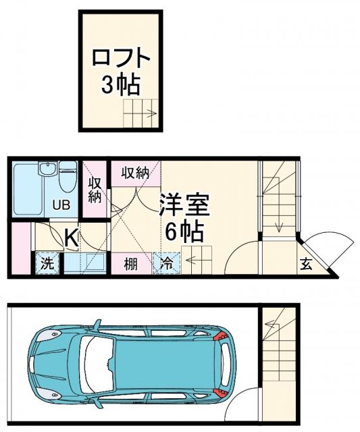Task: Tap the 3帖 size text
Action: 120,84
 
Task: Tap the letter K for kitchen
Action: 70,236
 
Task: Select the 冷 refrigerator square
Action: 166,264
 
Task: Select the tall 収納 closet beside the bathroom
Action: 95,190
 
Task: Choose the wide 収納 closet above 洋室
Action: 135,173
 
